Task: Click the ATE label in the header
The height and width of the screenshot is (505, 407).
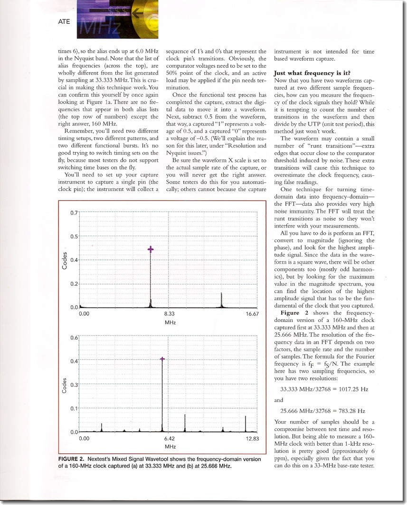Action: tap(65, 21)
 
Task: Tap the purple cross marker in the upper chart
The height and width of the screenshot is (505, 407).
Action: tap(151, 249)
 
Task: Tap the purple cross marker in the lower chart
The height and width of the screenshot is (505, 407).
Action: tap(162, 359)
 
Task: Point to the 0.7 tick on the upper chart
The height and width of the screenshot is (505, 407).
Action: tap(74, 212)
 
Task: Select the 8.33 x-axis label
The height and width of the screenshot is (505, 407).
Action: tap(170, 314)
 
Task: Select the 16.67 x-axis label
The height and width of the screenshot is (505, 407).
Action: tap(252, 314)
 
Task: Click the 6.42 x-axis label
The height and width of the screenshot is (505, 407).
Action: tap(170, 439)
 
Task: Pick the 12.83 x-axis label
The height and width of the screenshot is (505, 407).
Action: tap(252, 439)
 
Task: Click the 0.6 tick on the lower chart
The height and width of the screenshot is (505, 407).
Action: tap(74, 337)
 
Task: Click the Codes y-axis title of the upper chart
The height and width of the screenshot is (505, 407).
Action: tap(65, 260)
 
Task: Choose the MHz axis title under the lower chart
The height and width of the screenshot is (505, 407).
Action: tap(170, 447)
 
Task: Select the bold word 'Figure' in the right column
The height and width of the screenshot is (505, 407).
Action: tap(290, 313)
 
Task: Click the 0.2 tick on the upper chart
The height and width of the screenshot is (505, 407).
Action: tap(74, 284)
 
